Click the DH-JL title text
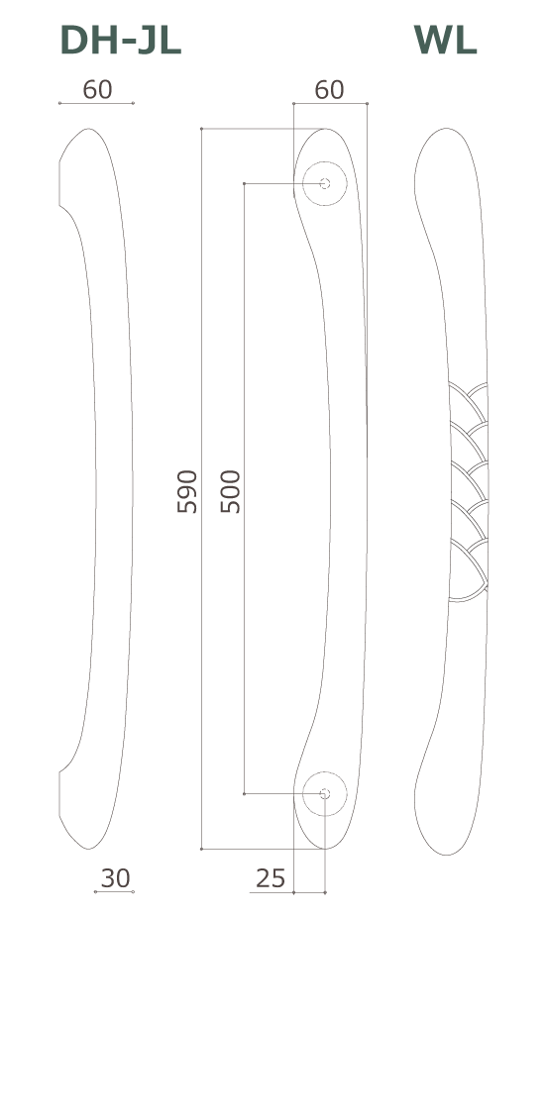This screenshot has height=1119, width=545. (x=120, y=41)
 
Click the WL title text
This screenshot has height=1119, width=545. (x=445, y=41)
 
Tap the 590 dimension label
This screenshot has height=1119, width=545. (x=187, y=491)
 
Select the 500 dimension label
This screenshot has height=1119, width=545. (x=230, y=491)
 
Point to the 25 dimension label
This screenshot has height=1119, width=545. (x=271, y=878)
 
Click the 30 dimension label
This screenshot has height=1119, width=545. (x=115, y=878)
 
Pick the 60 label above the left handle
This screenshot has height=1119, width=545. (x=97, y=90)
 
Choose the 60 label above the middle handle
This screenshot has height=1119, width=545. (x=329, y=90)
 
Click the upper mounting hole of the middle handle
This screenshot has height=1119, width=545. (x=325, y=183)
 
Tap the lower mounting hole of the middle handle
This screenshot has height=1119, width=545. (x=325, y=793)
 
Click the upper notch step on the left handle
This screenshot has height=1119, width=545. (x=60, y=207)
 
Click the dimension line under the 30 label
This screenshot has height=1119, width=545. (x=114, y=892)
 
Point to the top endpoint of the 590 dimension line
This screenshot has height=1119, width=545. (x=201, y=129)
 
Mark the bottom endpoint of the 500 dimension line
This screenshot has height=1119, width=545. (x=244, y=793)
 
